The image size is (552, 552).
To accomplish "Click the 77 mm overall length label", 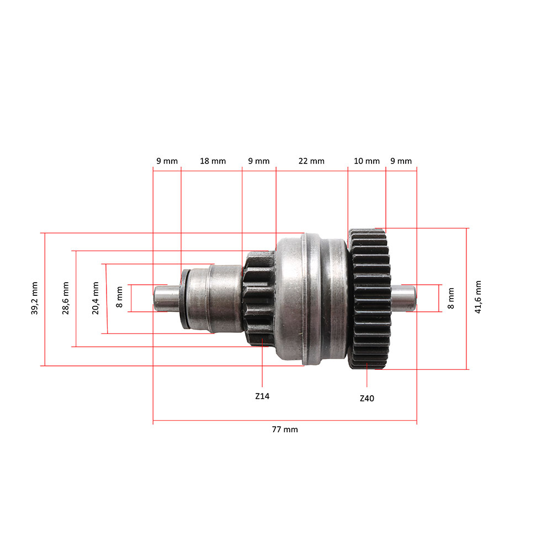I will tap(284, 429).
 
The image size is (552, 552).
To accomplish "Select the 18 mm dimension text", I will tap(213, 161).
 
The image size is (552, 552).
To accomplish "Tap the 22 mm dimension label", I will tap(311, 161).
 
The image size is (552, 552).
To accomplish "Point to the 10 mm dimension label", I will tap(367, 161).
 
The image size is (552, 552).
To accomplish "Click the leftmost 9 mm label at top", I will tap(167, 161).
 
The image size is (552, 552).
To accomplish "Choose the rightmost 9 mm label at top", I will tap(401, 161).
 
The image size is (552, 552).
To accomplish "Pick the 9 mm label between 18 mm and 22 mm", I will tap(258, 161).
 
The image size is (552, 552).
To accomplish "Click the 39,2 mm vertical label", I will tap(35, 299).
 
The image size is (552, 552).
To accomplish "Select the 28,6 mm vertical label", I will tap(66, 299).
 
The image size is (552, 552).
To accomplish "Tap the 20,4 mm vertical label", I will tap(95, 299).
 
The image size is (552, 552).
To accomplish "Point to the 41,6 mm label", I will tap(478, 297).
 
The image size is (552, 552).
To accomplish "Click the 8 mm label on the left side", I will tap(120, 298).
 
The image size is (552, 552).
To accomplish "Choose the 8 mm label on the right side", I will tap(451, 298).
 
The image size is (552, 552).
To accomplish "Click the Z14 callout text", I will tap(262, 396).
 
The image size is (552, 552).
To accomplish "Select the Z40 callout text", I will tap(367, 398).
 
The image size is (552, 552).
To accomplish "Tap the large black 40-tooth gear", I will tap(370, 299).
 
